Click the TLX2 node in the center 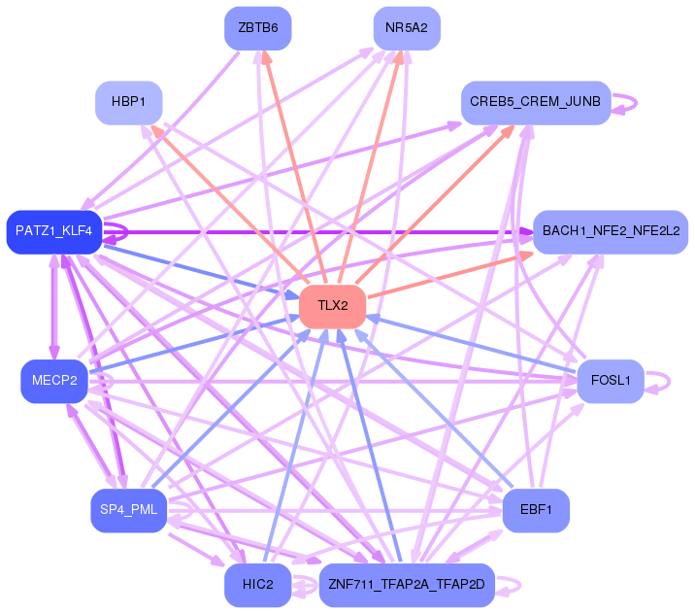(332, 307)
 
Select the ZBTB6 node (258, 28)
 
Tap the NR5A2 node (407, 28)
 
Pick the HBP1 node (128, 103)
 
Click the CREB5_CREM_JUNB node (536, 103)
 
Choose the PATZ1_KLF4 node (54, 232)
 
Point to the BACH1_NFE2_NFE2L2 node (611, 232)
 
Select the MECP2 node (54, 381)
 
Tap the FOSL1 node (611, 381)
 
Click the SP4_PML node (128, 510)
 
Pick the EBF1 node (536, 510)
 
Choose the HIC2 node (258, 585)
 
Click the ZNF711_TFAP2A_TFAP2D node (407, 585)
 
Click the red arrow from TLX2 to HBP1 (230, 204)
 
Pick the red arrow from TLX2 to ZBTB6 (294, 167)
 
